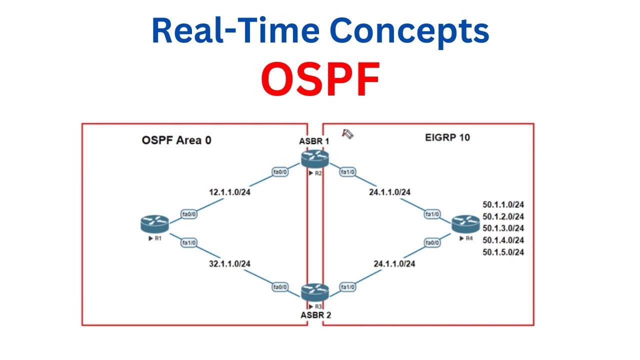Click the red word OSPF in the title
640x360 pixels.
coord(320,80)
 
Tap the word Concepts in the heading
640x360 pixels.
coord(409,30)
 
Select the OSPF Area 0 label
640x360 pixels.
coord(176,140)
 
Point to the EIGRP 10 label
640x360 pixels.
coord(443,137)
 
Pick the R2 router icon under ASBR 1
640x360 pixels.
coord(315,158)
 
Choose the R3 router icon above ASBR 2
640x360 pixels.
coord(315,292)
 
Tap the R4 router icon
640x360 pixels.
coord(465,223)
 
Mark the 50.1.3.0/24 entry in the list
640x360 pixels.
coord(503,228)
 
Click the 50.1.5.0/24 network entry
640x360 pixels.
coord(503,252)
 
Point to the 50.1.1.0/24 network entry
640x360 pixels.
coord(503,204)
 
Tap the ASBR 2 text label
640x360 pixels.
coord(315,315)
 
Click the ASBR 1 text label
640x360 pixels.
coord(315,141)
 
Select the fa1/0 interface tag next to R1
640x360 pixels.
coord(189,242)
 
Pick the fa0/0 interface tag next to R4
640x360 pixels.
coord(432,242)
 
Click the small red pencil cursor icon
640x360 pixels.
coord(347,133)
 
